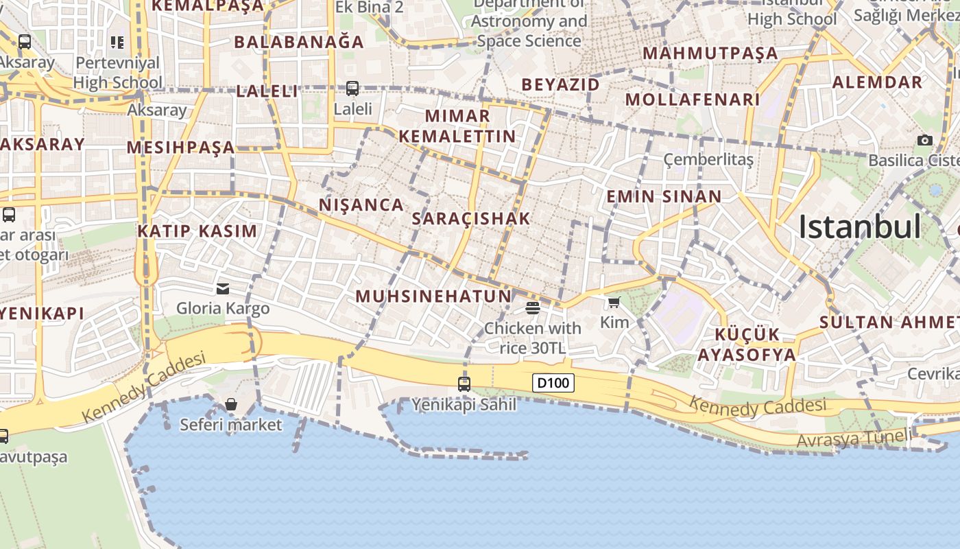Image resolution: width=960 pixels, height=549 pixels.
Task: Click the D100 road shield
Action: coord(553,383)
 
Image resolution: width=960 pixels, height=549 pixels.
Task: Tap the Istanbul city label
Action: coord(860,226)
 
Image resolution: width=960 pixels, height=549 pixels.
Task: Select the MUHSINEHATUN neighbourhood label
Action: coord(433,296)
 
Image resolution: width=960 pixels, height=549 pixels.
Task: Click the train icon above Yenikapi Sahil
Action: coord(464,384)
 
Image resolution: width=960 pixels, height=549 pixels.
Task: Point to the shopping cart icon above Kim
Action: coord(614,302)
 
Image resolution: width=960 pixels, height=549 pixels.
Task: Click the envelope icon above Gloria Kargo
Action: coord(223,288)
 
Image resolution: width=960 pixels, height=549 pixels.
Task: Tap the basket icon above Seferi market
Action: coord(231,404)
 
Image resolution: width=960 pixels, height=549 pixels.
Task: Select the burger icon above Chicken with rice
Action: coord(533,307)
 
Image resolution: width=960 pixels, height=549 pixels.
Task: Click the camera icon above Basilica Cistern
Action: coord(924,140)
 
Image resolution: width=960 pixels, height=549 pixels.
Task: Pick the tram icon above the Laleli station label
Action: coord(352,88)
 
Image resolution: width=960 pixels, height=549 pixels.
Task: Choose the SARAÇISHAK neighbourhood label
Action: coord(471,219)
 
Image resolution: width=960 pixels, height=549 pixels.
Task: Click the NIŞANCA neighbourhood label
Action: coord(361,205)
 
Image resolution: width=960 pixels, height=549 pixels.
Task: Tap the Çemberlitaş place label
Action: coord(708,160)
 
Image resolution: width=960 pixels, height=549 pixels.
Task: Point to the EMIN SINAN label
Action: coord(664,197)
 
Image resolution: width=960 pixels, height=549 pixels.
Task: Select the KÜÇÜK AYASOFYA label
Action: coord(747,344)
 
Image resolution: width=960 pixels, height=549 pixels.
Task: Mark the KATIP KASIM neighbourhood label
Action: coord(197,231)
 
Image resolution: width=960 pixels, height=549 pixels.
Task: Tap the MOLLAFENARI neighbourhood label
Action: coord(693,100)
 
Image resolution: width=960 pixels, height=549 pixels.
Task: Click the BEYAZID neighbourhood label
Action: coord(560,84)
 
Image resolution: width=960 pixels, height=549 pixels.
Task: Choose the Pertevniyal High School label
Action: coord(118,73)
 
